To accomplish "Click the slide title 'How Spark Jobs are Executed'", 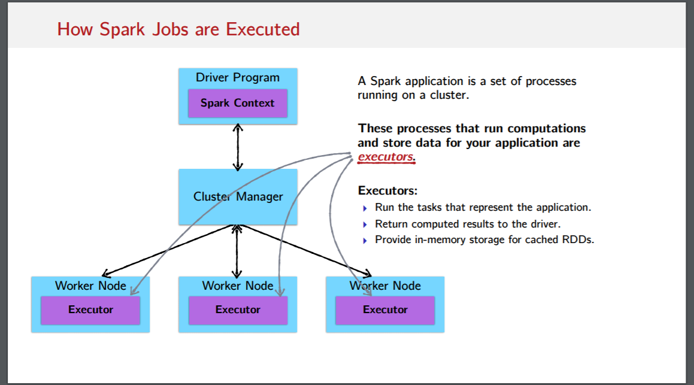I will click(x=178, y=29).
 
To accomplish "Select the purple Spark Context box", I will click(x=238, y=103).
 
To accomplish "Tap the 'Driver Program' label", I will click(x=238, y=77).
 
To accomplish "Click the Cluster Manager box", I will click(x=238, y=196).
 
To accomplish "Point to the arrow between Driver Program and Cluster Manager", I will click(x=238, y=147).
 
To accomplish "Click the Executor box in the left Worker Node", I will click(x=90, y=310).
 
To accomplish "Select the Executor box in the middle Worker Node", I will click(x=238, y=310).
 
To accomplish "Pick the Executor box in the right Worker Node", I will click(x=385, y=310).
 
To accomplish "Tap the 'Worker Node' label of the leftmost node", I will click(x=90, y=286).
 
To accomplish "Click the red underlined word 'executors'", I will click(x=386, y=157).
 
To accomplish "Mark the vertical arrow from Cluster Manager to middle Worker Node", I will click(x=238, y=251).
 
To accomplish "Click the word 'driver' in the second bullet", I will click(x=546, y=224).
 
